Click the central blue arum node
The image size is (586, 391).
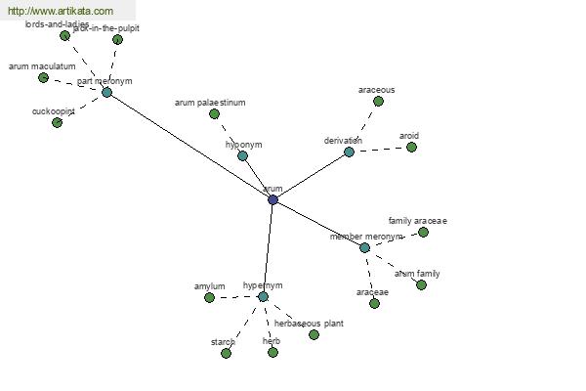coord(272,199)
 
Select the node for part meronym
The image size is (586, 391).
coord(106,92)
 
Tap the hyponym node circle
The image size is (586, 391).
coord(242,155)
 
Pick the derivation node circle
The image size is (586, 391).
coord(349,152)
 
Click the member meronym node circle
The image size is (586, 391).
coord(364,247)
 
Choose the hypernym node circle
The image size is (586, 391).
coord(263,296)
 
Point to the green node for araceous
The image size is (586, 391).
coord(378,101)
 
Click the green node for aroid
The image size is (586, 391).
coord(411,147)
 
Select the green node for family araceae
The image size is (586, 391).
coord(423,233)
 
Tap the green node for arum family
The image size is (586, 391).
coord(421,284)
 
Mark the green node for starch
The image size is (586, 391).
coord(226,353)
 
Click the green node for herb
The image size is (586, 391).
coord(272,352)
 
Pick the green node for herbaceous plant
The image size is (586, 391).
coord(314,334)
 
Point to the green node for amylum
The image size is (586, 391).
coord(209,297)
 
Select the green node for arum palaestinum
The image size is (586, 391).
coord(214,113)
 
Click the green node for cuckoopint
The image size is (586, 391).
coord(57,122)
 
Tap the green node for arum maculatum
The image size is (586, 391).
coord(43,77)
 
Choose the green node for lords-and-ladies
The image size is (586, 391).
coord(64,35)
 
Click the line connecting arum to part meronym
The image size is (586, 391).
coord(189,146)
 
